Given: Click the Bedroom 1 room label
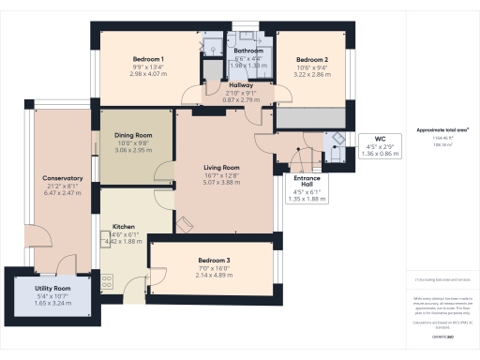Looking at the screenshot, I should click(148, 59).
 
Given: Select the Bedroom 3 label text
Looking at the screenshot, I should click(214, 260).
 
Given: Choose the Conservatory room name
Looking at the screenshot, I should click(63, 178).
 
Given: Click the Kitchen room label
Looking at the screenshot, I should click(126, 227).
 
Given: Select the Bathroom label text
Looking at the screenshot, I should click(248, 51).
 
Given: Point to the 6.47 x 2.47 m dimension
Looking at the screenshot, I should click(63, 193).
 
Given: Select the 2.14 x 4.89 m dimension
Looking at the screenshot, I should click(214, 275).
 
